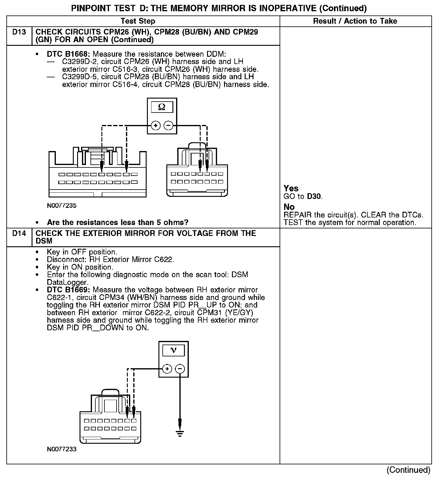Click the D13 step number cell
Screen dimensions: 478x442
19,32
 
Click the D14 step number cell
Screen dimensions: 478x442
19,234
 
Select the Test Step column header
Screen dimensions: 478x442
138,21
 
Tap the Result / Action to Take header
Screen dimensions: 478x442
355,21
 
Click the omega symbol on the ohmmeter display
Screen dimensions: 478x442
162,107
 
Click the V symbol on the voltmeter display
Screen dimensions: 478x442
173,350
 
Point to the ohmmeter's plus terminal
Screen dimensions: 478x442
155,125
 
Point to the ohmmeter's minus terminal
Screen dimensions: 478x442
168,125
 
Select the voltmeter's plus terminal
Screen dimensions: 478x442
167,369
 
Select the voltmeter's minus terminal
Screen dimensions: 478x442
180,369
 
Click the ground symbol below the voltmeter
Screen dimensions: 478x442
180,433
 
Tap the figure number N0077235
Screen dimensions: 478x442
62,206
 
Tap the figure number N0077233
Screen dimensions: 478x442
62,449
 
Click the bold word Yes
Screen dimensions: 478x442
291,188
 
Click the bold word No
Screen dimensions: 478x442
289,207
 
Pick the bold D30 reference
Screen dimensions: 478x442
314,196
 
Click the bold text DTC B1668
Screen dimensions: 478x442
68,54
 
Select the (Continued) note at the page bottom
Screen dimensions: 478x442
408,470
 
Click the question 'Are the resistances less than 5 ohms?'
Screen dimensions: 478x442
117,222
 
